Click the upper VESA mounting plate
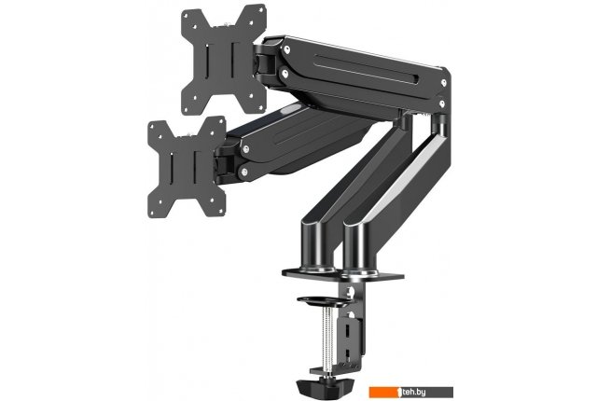click(224, 60)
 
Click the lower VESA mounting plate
click(187, 168)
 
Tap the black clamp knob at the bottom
click(325, 386)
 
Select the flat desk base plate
click(342, 274)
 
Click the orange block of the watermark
click(383, 393)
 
